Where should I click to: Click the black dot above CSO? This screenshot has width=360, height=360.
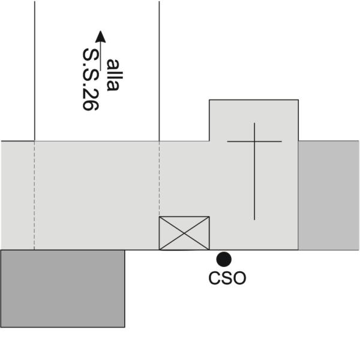224,259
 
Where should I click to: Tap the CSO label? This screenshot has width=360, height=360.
227,278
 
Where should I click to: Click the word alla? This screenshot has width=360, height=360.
113,75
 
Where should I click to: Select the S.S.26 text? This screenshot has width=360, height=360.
91,79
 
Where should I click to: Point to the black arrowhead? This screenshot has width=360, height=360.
100,37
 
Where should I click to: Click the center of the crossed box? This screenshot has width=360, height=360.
184,233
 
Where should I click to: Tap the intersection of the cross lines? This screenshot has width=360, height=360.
254,142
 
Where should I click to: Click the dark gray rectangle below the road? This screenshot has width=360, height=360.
62,289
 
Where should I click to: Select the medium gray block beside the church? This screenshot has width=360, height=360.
329,196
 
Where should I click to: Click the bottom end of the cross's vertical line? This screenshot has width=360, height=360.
254,220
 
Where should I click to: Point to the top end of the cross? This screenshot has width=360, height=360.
254,123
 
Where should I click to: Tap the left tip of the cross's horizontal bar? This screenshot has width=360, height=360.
227,142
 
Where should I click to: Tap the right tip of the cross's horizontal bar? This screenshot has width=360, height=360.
282,142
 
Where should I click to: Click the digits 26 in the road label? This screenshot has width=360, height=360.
91,100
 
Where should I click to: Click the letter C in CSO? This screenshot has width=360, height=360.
214,278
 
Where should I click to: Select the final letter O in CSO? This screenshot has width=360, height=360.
240,278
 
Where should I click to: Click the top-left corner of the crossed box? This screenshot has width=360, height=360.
159,217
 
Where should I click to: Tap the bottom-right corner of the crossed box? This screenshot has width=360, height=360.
209,250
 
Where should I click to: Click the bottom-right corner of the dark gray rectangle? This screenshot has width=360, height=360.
125,327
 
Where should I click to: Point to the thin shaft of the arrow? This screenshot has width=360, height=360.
100,56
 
